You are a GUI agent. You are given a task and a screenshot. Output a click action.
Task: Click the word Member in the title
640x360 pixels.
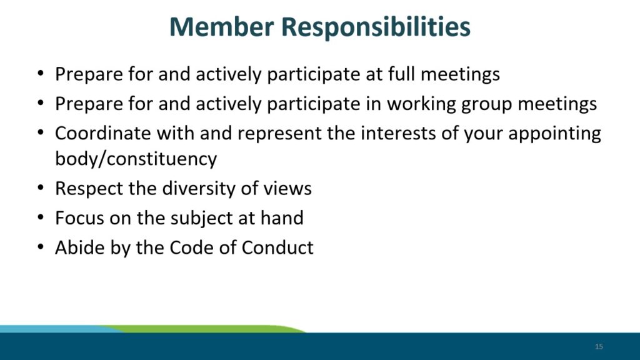coord(222,26)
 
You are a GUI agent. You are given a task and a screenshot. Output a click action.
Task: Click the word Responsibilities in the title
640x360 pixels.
coord(376,27)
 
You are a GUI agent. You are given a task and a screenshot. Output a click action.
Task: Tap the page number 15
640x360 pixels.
coord(599,346)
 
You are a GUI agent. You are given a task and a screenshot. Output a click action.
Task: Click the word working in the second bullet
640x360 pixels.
coord(421,104)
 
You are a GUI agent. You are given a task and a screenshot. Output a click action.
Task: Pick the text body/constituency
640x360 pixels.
coord(136,159)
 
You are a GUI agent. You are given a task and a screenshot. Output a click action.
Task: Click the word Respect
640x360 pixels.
coord(89,189)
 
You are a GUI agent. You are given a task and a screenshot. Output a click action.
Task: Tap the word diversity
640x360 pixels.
coord(198,189)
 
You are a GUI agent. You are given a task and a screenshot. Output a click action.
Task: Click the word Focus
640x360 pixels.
coord(79,218)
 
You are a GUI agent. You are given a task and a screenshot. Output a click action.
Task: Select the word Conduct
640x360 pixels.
coord(277,247)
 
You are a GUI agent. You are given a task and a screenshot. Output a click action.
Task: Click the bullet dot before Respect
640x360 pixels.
coord(40,188)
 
